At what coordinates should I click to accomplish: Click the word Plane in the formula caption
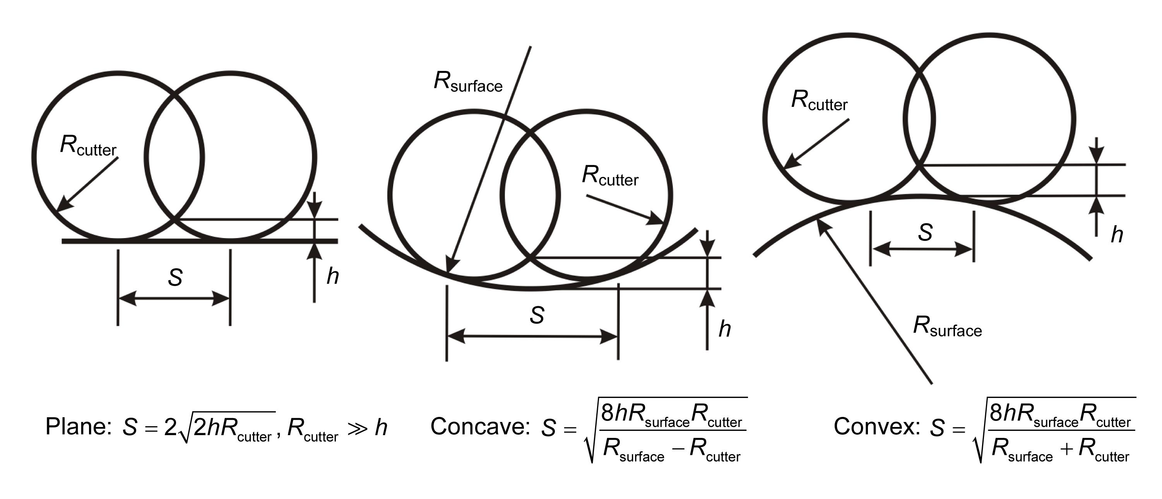(78, 426)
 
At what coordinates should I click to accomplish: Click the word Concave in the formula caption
(480, 426)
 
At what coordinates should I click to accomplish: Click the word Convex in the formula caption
(876, 426)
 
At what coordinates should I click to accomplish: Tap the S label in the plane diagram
(175, 278)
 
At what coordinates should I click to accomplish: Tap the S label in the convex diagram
(925, 233)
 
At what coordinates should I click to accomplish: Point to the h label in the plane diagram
(332, 276)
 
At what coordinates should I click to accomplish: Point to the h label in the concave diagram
(724, 329)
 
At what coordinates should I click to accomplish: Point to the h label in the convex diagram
(1117, 235)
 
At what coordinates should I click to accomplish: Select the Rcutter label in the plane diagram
(88, 146)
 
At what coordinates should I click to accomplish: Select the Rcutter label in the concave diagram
(610, 176)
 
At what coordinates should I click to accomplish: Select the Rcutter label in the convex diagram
(819, 101)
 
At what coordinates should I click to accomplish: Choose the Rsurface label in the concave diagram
(468, 82)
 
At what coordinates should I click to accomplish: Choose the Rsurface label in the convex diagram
(947, 327)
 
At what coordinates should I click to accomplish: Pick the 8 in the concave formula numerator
(608, 413)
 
